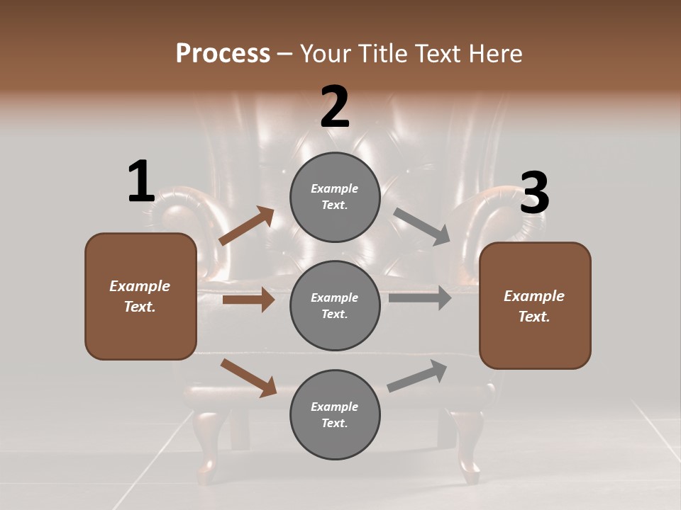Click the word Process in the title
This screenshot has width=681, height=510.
[223, 53]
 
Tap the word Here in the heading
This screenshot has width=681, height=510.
[494, 53]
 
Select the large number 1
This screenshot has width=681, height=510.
[141, 182]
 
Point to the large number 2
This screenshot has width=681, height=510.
[335, 108]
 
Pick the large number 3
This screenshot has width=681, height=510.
[534, 193]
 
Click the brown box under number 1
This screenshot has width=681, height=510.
[140, 296]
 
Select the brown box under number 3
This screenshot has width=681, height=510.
[535, 306]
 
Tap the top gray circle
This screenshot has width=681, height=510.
[335, 197]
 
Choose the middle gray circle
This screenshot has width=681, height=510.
[335, 306]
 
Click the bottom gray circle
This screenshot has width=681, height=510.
[335, 415]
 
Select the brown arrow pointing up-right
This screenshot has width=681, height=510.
[247, 226]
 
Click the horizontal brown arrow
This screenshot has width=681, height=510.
[248, 300]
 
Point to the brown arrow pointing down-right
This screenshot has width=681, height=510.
[248, 378]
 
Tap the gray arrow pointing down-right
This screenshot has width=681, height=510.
[422, 227]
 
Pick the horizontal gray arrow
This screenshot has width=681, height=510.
[420, 297]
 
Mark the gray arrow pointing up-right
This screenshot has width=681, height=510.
[418, 375]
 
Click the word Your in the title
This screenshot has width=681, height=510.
[327, 53]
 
